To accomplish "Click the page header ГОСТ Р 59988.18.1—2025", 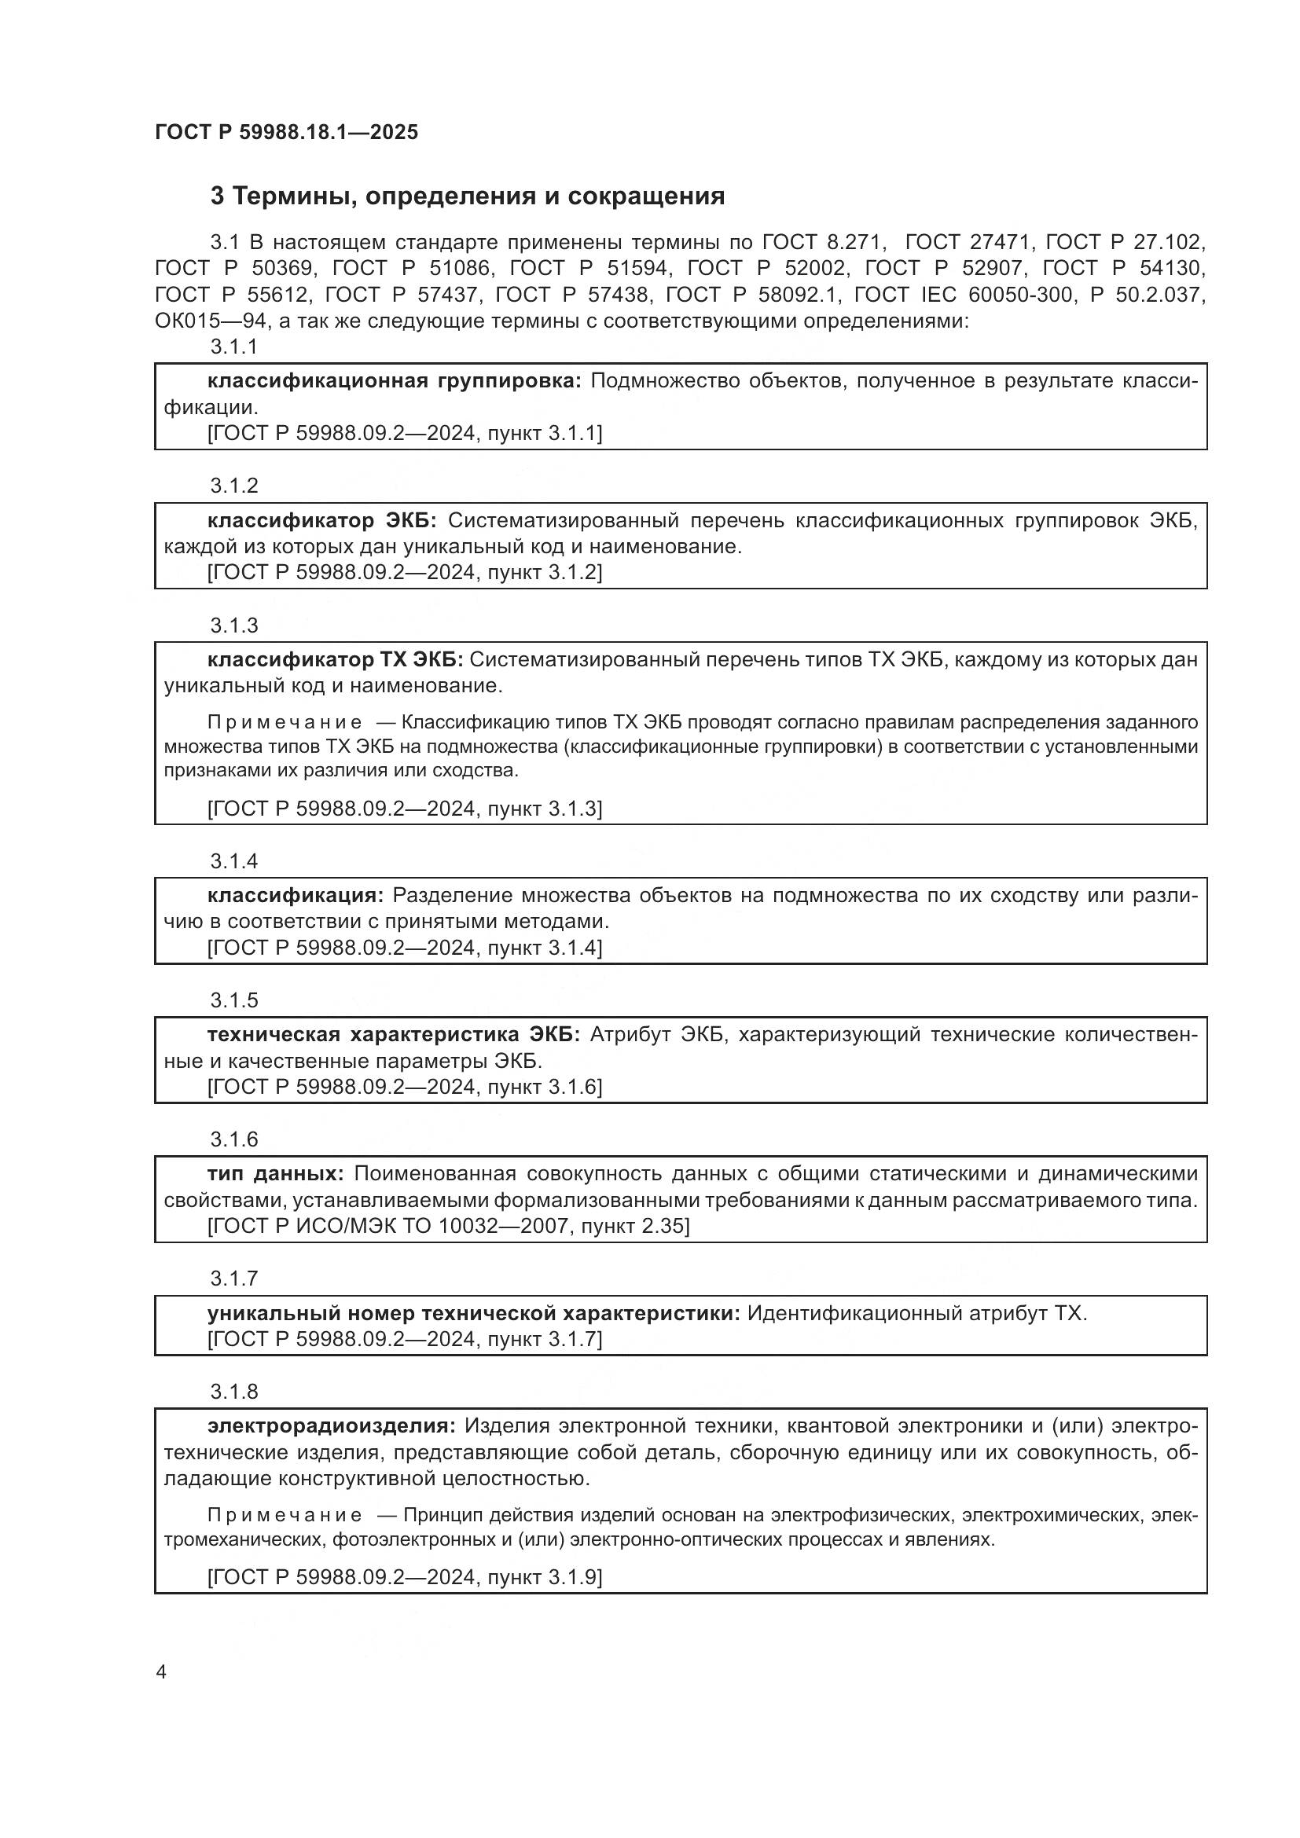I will [x=287, y=132].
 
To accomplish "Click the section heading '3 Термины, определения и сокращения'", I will [x=468, y=196].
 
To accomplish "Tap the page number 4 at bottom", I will [x=161, y=1672].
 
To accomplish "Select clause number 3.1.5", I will [x=233, y=1000].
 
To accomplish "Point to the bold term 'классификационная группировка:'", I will [x=395, y=381].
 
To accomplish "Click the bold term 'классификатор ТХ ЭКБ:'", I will [x=335, y=660].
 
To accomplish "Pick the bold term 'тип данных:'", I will [x=275, y=1174].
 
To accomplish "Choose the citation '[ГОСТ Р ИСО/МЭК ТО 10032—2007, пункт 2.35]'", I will [x=448, y=1227].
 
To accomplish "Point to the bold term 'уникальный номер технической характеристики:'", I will [x=474, y=1314].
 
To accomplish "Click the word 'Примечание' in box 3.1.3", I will [x=285, y=723].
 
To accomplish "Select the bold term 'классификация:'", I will [x=296, y=896].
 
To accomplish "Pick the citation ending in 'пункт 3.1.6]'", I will [x=405, y=1087].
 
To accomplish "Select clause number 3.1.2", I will [x=233, y=486].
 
